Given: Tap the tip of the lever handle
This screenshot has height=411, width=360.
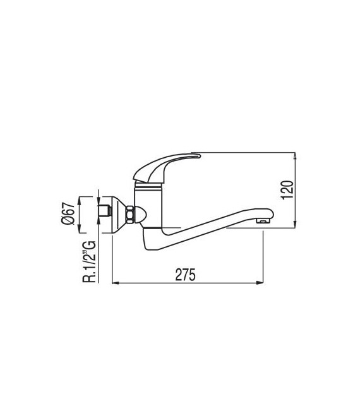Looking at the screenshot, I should (x=198, y=155).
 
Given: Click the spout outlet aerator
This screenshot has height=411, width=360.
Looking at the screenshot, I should (x=261, y=221).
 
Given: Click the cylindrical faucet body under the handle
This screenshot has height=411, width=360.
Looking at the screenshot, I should (x=150, y=206).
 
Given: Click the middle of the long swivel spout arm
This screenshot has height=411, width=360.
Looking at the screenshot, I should (x=215, y=224).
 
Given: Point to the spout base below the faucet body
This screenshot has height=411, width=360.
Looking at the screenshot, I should (x=152, y=240).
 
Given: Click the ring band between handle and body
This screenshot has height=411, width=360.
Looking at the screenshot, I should (x=150, y=185).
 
